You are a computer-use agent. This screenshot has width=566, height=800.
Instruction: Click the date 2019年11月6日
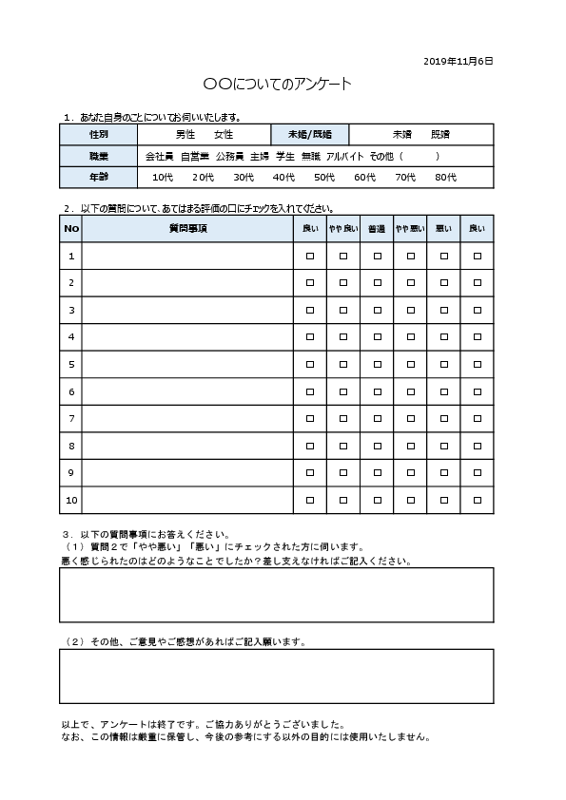pos(459,61)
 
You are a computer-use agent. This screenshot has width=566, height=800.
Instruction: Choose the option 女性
pos(224,135)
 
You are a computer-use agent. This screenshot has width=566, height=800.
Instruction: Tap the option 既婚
pos(440,135)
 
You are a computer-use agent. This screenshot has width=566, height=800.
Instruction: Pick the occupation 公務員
pos(229,156)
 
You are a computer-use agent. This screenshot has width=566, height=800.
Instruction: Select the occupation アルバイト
pos(344,156)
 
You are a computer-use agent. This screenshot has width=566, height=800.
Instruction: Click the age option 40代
pos(283,178)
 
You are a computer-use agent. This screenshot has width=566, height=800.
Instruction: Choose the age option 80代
pos(445,178)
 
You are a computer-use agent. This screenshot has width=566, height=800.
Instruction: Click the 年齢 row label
pos(99,178)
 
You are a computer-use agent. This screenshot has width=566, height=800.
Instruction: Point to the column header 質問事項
pos(187,229)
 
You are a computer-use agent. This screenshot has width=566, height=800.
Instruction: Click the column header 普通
pos(377,229)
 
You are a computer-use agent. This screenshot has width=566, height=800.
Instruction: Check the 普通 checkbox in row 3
pos(377,310)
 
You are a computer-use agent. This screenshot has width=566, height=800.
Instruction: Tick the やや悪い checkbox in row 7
pos(410,418)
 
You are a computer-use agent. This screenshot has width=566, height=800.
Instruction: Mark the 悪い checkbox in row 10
pos(443,500)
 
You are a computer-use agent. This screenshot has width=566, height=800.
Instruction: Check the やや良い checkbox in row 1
pos(343,257)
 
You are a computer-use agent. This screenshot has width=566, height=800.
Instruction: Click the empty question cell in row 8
pos(187,446)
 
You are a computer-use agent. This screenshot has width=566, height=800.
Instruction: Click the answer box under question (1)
pos(277,595)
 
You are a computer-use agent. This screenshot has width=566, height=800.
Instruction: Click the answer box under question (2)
pos(277,676)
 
